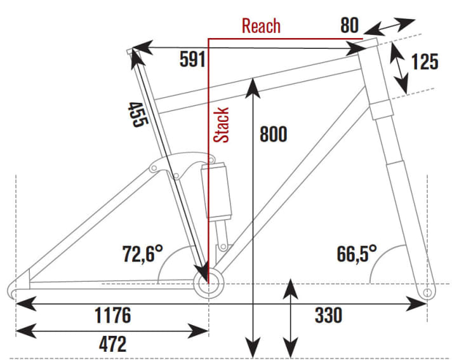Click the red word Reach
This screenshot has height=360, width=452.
coord(261,26)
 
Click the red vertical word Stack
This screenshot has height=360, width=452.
coord(221,124)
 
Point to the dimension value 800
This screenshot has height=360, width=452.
coord(274,135)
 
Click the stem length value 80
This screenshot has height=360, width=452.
coord(349,26)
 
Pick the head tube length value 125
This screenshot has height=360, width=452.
coord(425,62)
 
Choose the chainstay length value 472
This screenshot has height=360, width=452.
coord(104,344)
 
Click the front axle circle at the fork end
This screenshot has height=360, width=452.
coord(427,292)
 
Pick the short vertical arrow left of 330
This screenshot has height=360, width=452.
coord(290,318)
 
